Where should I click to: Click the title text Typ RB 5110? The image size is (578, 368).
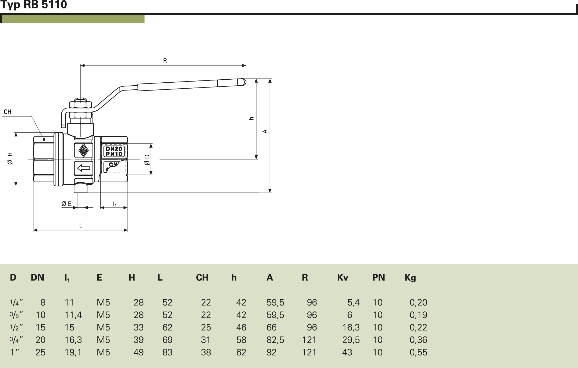click(34, 5)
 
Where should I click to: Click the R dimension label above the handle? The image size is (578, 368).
click(165, 61)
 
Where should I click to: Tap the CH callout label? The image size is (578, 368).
click(8, 112)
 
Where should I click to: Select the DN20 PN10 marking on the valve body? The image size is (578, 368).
click(114, 151)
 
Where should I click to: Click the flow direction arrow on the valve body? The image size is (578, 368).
click(84, 168)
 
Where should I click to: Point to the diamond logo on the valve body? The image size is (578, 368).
click(83, 150)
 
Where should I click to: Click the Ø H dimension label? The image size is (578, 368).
click(10, 159)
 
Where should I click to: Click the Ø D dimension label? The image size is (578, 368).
click(147, 160)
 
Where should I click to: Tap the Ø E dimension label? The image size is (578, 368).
click(66, 204)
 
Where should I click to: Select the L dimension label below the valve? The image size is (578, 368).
click(81, 225)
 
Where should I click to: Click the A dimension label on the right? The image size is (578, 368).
click(265, 132)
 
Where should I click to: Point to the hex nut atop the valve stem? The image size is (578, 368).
click(80, 105)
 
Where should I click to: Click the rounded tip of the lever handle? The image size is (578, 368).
click(242, 82)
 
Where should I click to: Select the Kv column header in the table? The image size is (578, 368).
click(342, 277)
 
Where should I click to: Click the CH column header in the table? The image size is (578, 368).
click(202, 277)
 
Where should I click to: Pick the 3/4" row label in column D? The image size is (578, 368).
click(16, 340)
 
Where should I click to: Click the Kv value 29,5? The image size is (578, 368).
click(351, 340)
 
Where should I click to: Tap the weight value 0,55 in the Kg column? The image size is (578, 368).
click(418, 352)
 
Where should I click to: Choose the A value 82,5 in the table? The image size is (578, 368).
click(275, 340)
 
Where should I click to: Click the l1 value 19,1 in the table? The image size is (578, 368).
click(73, 352)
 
